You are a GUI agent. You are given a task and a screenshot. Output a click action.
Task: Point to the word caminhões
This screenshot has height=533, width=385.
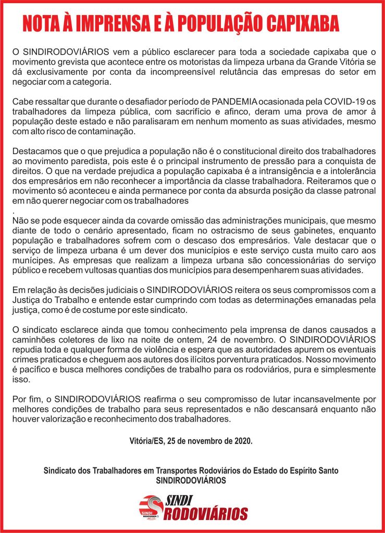click(x=32, y=339)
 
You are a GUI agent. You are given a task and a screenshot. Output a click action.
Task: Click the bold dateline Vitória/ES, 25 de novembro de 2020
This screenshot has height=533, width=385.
click(x=191, y=441)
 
